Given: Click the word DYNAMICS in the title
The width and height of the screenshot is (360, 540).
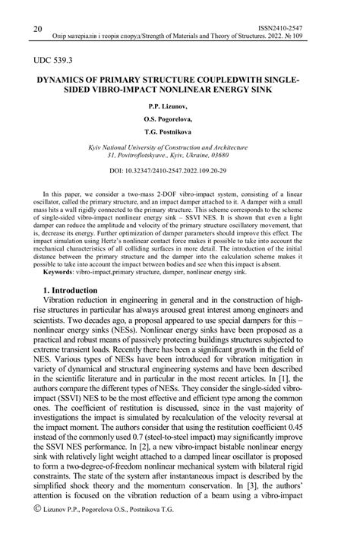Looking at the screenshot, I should coord(74,78).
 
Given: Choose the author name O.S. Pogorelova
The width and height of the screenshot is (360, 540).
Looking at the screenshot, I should coord(180,119).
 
